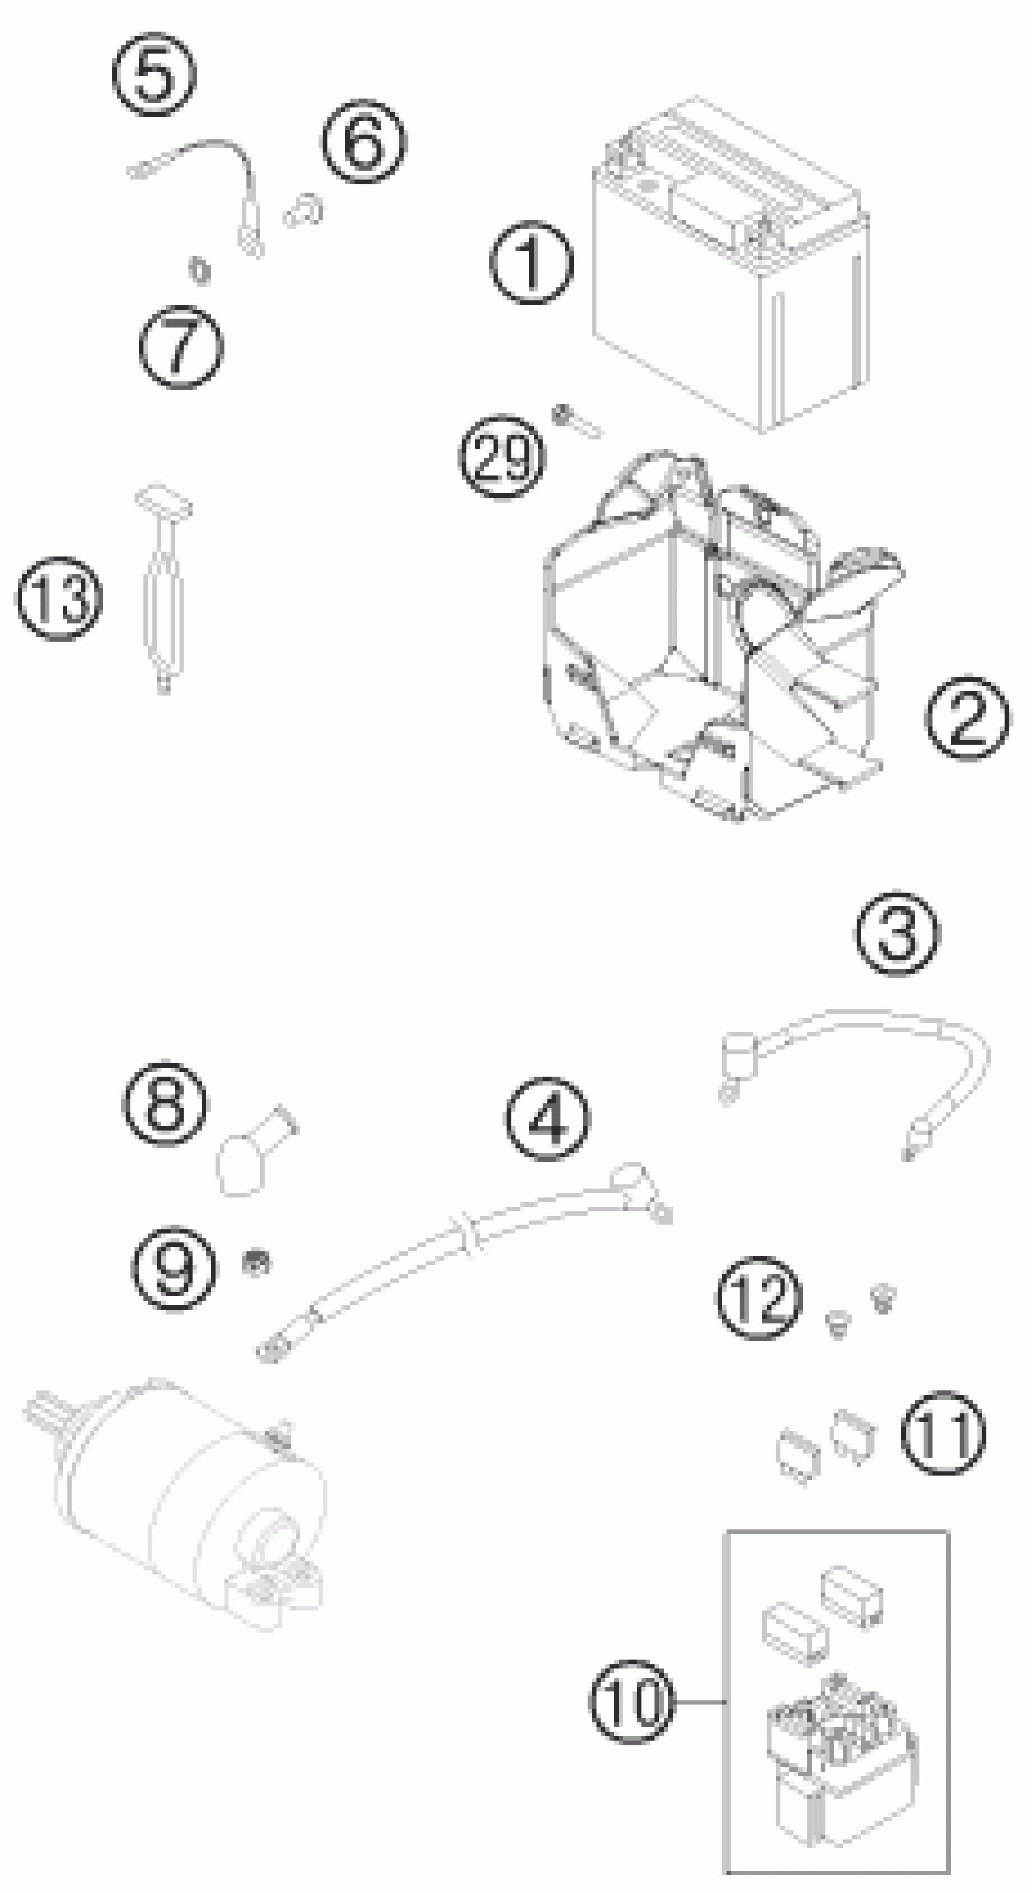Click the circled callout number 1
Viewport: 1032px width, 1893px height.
(531, 263)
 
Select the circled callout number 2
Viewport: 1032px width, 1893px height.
(967, 718)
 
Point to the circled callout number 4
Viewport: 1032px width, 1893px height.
(547, 1119)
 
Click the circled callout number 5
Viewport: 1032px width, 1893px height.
(154, 74)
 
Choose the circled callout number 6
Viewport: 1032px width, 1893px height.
(364, 140)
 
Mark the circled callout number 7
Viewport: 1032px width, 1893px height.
(181, 347)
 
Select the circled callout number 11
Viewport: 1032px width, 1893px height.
(943, 1433)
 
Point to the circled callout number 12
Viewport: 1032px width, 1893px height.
(759, 1298)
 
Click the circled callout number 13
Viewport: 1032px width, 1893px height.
(59, 598)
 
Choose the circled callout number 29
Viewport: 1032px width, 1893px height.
(503, 457)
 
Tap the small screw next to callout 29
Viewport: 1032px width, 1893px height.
(576, 422)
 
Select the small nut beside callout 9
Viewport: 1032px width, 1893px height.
(256, 1263)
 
